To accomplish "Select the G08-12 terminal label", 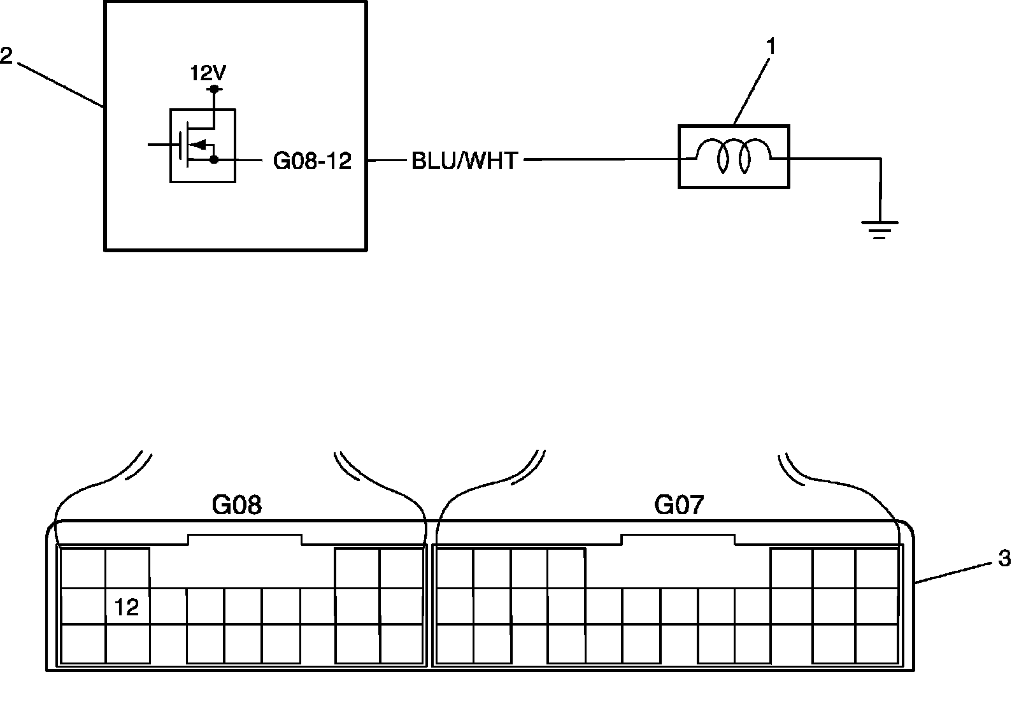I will pyautogui.click(x=312, y=161).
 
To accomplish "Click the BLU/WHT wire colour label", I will pyautogui.click(x=465, y=161).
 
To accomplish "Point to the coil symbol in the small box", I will pyautogui.click(x=734, y=156).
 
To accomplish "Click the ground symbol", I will pyautogui.click(x=880, y=229).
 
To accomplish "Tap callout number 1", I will pyautogui.click(x=771, y=47).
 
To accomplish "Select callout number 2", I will pyautogui.click(x=6, y=55).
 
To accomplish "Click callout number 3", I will pyautogui.click(x=1004, y=559).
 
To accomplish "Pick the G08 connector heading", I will pyautogui.click(x=237, y=506).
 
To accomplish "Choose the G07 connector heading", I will pyautogui.click(x=679, y=506).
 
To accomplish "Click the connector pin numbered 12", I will pyautogui.click(x=126, y=607).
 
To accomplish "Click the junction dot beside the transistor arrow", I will pyautogui.click(x=214, y=159).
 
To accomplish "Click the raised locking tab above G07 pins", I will pyautogui.click(x=678, y=540).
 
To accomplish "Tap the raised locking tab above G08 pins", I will pyautogui.click(x=245, y=540).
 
